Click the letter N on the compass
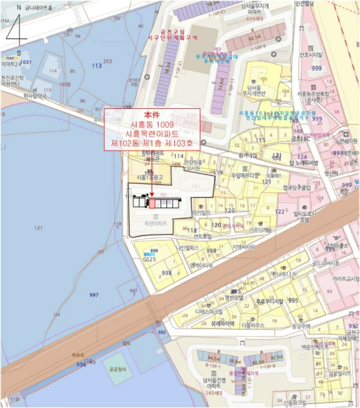[19, 8]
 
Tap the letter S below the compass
[19, 52]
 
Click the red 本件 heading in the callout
[152, 115]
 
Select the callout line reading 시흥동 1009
[152, 125]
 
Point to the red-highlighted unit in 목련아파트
[152, 203]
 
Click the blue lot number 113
[96, 66]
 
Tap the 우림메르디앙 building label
[244, 175]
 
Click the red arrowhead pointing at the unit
[152, 195]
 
